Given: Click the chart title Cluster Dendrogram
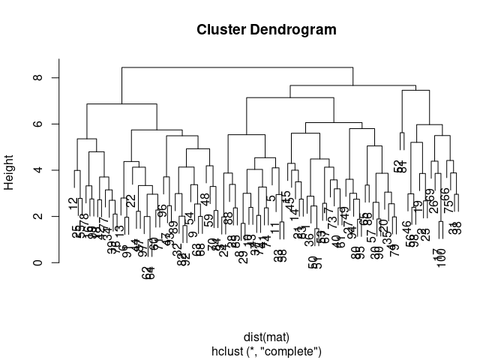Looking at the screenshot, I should click(x=266, y=30).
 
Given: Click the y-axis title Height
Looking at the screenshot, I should click(x=10, y=170).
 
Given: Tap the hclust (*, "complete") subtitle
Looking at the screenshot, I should click(x=266, y=350).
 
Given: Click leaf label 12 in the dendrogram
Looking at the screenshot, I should click(x=73, y=203).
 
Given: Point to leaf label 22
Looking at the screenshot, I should click(x=130, y=201).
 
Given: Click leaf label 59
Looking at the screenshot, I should click(x=208, y=220).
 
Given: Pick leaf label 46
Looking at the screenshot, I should click(x=407, y=226).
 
